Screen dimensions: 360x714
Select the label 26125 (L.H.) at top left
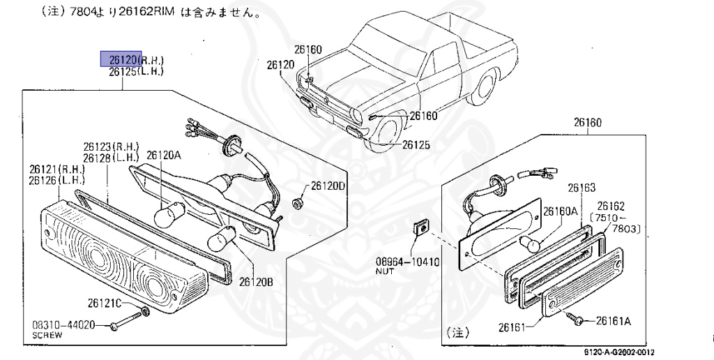[x=137, y=71]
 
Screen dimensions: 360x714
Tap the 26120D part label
[x=328, y=186]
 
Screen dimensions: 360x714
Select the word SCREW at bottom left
[x=47, y=335]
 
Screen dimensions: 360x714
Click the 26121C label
[x=105, y=303]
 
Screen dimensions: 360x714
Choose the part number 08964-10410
[x=407, y=262]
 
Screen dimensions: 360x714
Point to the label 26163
[x=581, y=188]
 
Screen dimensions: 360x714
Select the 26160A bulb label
[x=561, y=211]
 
